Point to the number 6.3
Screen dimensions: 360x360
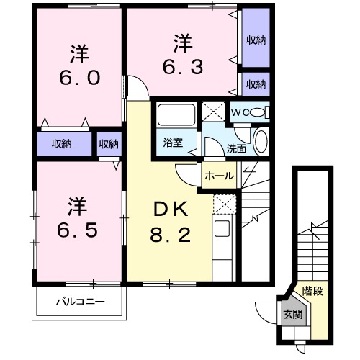click(x=179, y=67)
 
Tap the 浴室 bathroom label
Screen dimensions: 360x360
click(x=172, y=143)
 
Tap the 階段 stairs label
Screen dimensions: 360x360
click(x=312, y=293)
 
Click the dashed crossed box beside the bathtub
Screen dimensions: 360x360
click(x=213, y=112)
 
